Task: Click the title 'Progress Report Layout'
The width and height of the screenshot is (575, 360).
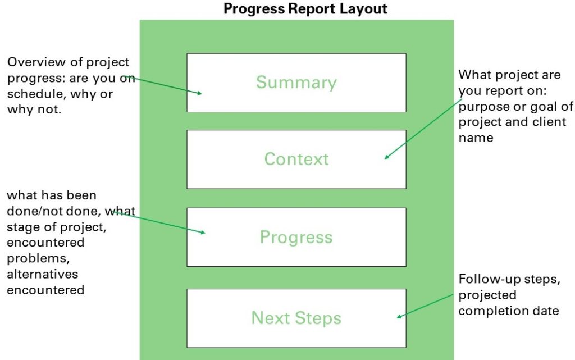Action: click(x=305, y=9)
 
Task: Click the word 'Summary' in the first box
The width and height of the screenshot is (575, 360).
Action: click(x=296, y=83)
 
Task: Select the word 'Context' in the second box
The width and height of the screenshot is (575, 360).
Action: click(x=296, y=159)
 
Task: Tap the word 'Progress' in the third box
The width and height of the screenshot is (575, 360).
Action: click(x=296, y=237)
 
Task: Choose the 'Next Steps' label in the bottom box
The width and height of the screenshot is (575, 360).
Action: click(x=296, y=318)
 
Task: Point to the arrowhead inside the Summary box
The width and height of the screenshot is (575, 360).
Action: click(x=199, y=93)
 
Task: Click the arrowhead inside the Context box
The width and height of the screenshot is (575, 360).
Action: click(x=386, y=157)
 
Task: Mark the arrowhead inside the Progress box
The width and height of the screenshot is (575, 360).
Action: click(x=203, y=232)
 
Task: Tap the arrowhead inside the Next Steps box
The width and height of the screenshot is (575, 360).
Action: click(x=399, y=316)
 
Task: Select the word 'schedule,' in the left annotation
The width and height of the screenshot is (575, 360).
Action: click(x=36, y=94)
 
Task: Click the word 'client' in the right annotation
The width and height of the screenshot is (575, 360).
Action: click(x=549, y=122)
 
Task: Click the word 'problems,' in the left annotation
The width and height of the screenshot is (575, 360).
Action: click(x=38, y=258)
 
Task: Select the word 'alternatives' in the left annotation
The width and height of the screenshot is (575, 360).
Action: click(x=43, y=274)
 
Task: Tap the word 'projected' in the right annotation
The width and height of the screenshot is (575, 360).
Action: click(x=487, y=295)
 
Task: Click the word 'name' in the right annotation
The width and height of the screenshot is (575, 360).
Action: click(x=476, y=138)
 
